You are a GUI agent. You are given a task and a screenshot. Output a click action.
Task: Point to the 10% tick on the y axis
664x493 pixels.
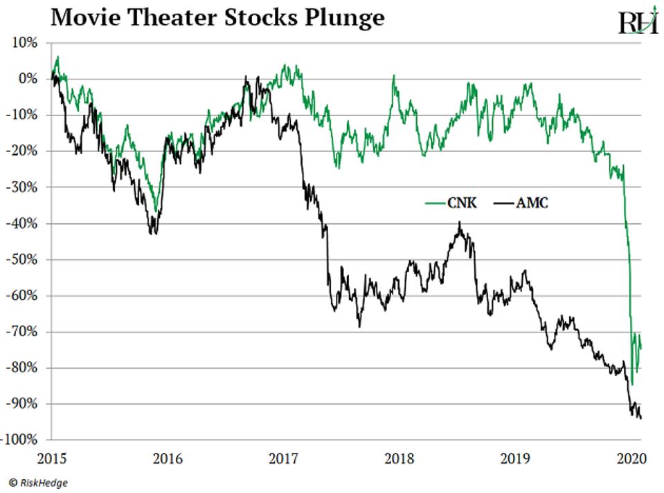[x=25, y=43]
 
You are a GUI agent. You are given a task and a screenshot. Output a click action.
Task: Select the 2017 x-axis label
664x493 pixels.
[x=282, y=457]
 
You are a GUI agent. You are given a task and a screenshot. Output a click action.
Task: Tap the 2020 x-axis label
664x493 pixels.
[x=631, y=457]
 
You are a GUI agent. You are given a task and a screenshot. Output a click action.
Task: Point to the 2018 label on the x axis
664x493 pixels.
[x=399, y=457]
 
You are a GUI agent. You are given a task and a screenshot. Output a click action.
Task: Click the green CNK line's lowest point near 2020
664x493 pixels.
[x=631, y=384]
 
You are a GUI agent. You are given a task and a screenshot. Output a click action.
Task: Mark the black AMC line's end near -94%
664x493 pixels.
[x=640, y=418]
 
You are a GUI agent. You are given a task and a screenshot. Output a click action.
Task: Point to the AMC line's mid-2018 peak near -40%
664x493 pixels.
[x=459, y=223]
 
